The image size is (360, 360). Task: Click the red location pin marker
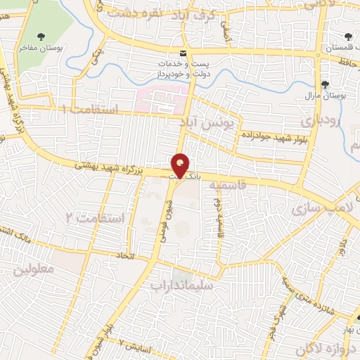pyautogui.click(x=180, y=166)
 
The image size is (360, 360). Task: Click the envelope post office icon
pyautogui.click(x=183, y=53)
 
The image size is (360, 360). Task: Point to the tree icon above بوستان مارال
pyautogui.click(x=324, y=85)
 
